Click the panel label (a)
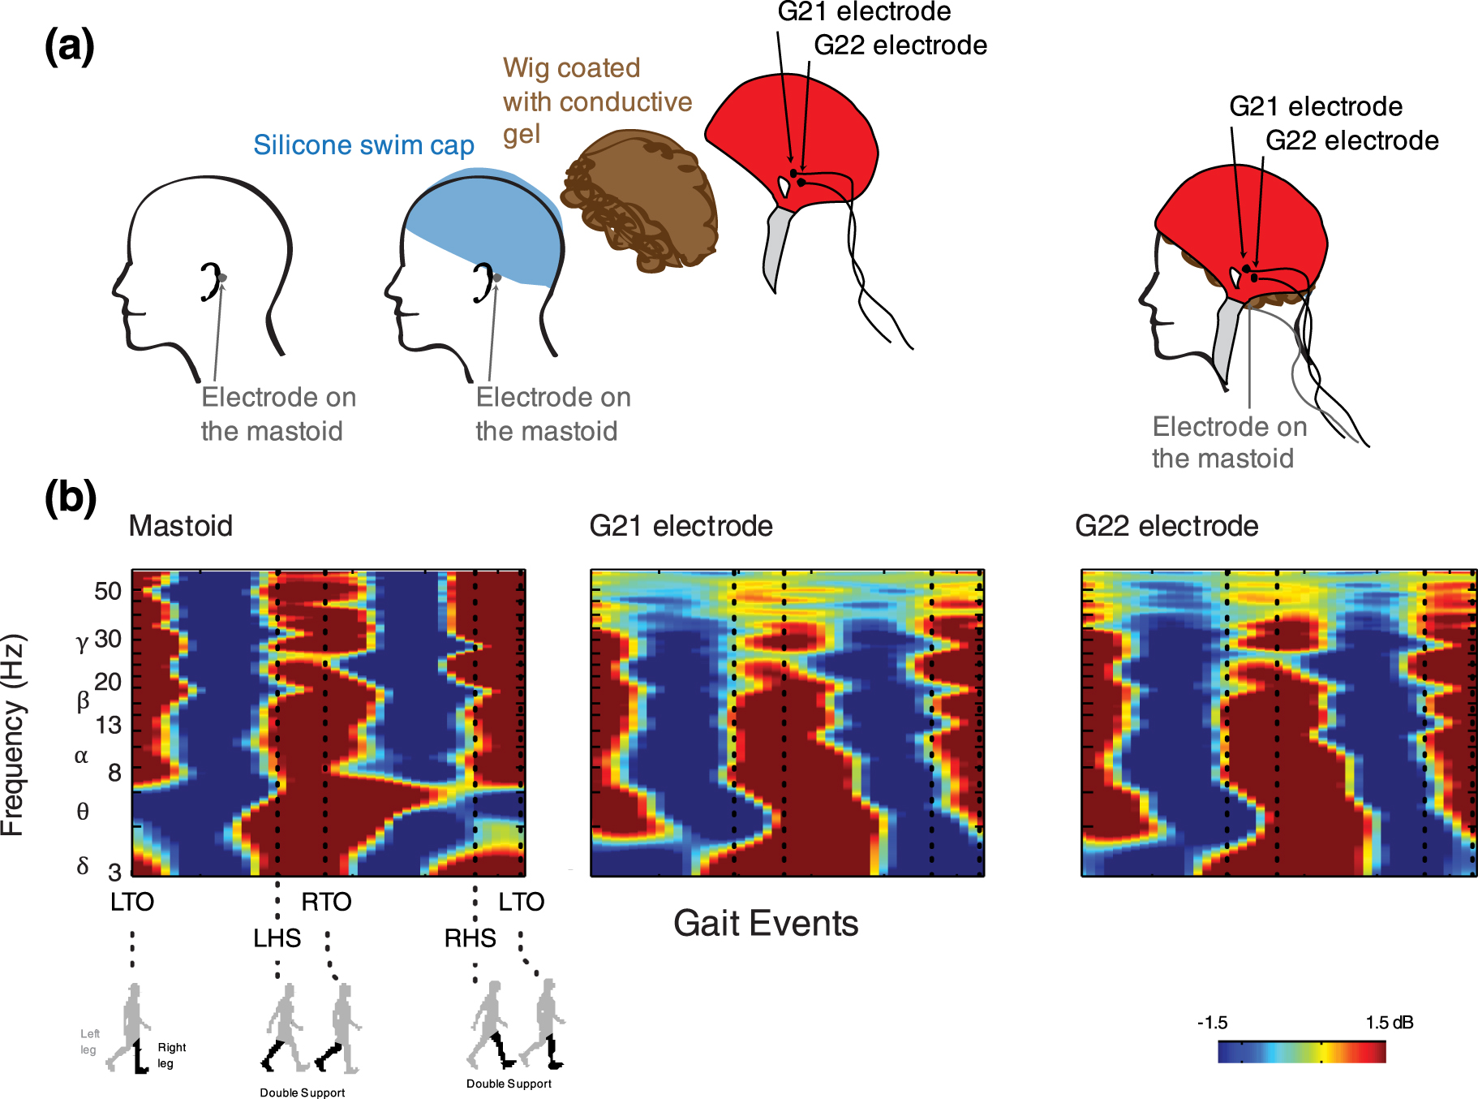tap(69, 46)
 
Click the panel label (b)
tap(71, 497)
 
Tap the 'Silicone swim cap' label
tap(363, 144)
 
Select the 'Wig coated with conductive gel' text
tap(596, 101)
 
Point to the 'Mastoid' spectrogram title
tap(180, 526)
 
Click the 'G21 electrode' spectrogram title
tap(681, 526)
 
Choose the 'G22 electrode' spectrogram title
tap(1166, 526)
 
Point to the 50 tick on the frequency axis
tap(108, 591)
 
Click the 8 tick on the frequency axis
tap(114, 772)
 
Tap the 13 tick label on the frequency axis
tap(108, 725)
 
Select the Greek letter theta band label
tap(82, 811)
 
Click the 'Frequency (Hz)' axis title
tap(14, 735)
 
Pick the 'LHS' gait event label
tap(277, 938)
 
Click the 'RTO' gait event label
tap(326, 902)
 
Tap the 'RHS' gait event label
tap(470, 938)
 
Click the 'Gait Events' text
tap(766, 924)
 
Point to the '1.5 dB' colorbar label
tap(1389, 1023)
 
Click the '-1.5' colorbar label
tap(1212, 1023)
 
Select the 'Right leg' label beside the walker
tap(170, 1055)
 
